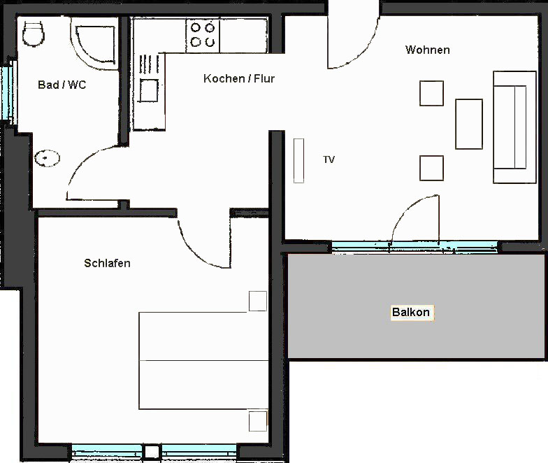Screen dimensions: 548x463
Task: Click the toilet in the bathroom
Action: (34, 34)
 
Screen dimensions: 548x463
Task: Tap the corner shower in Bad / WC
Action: (94, 43)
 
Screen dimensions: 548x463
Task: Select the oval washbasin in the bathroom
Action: (48, 158)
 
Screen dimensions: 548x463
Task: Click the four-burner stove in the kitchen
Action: (203, 35)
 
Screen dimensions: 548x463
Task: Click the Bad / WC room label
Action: (62, 85)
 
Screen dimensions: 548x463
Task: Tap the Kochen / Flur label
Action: (239, 78)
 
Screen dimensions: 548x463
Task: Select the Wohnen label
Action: (428, 50)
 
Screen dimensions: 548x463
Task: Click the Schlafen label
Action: (108, 263)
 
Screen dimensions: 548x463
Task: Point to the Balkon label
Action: (411, 312)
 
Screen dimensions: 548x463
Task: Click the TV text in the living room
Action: (329, 159)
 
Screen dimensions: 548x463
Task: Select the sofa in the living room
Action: (514, 127)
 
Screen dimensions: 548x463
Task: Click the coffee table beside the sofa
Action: (469, 124)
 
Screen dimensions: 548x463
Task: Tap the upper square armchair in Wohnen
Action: (432, 94)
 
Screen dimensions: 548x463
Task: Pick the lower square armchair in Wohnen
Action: (432, 168)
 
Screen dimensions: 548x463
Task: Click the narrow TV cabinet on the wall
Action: (299, 161)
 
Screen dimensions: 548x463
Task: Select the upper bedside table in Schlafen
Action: (258, 301)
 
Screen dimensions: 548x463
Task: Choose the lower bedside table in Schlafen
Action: (258, 421)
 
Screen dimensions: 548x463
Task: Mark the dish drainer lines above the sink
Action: (148, 64)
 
